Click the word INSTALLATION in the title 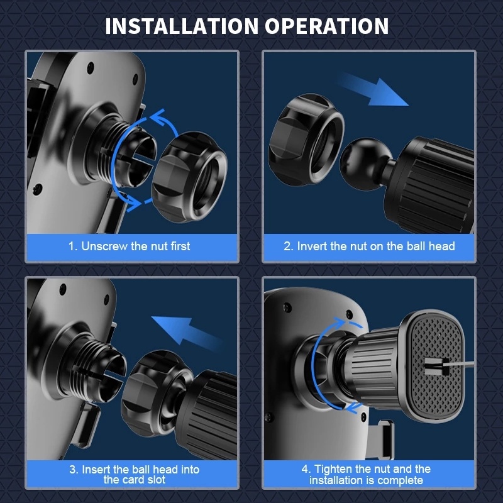point(182,26)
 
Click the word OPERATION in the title point(327,26)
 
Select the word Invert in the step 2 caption point(312,246)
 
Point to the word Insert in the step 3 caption point(96,469)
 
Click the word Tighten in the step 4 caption point(329,468)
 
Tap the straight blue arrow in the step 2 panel point(373,90)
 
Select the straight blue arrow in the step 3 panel point(187,333)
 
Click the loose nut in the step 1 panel point(189,177)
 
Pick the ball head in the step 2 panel point(363,164)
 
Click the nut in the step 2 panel point(306,140)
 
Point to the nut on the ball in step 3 point(157,393)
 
